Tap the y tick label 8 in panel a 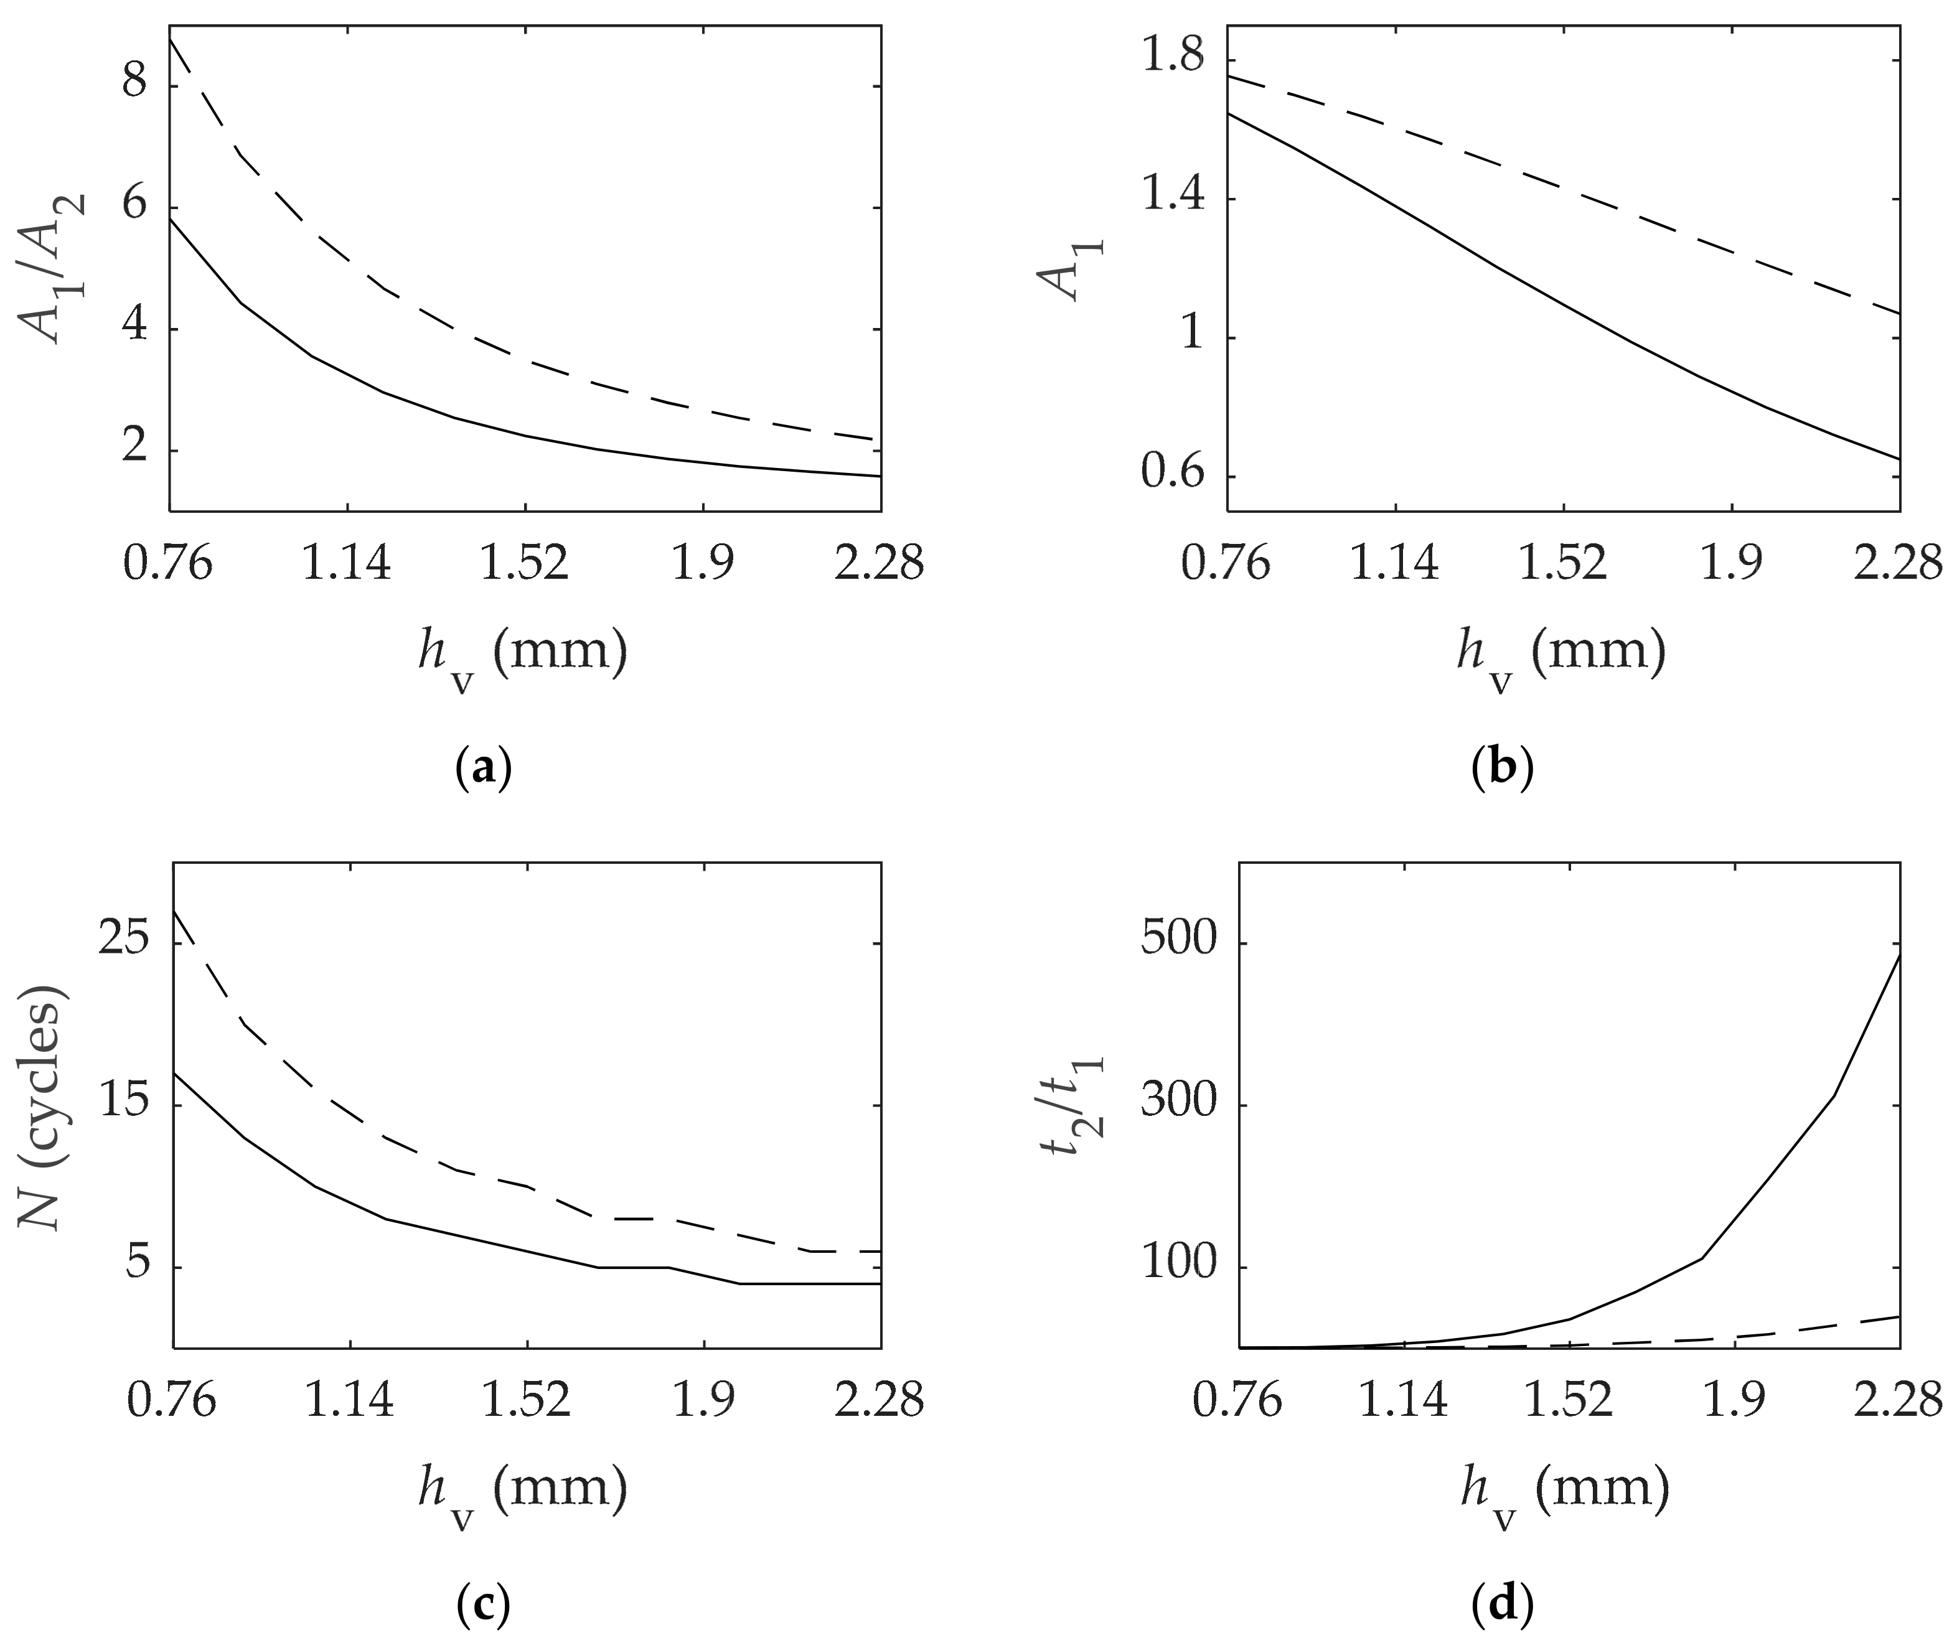pos(135,85)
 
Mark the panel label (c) pos(484,1605)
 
